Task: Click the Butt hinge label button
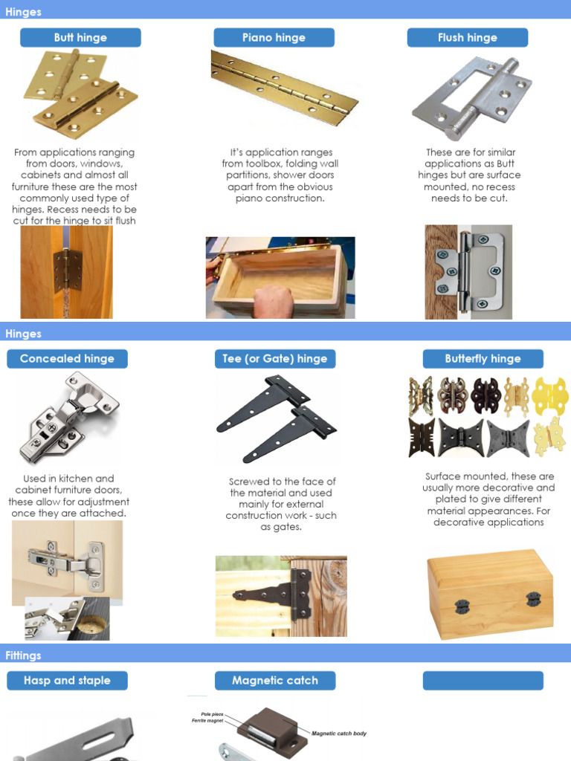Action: (x=80, y=38)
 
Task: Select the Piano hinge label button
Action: (x=274, y=38)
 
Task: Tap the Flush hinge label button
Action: (x=467, y=38)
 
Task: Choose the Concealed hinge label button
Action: (x=67, y=359)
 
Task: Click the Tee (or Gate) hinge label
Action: (x=275, y=359)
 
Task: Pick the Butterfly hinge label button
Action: (x=483, y=359)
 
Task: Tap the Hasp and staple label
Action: (x=67, y=681)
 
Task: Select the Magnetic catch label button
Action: (x=275, y=681)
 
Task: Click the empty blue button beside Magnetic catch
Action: (x=483, y=681)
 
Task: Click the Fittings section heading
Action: (x=24, y=655)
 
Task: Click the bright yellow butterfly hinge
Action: (x=549, y=395)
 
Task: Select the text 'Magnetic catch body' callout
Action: (x=338, y=734)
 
